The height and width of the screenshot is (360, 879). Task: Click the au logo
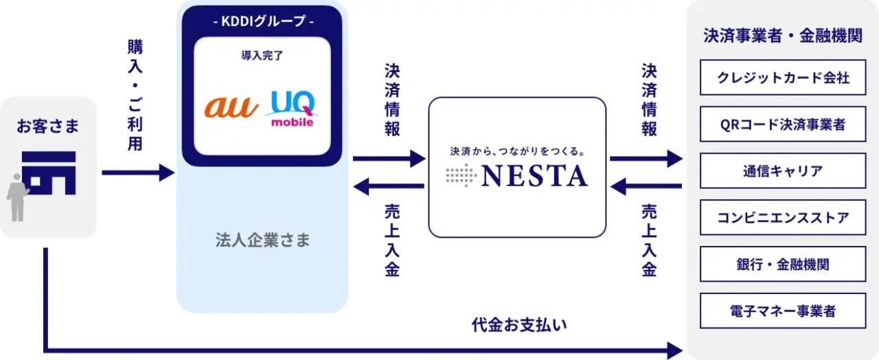[231, 107]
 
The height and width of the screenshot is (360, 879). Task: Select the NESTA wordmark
[534, 176]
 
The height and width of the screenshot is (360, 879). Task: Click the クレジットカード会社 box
[782, 78]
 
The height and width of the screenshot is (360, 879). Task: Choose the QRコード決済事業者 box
[782, 124]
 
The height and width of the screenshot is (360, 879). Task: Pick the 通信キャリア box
[782, 171]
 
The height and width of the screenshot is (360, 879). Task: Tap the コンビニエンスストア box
[782, 218]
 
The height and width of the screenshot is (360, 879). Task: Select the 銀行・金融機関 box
[782, 265]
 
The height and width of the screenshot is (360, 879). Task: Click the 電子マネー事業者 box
[782, 311]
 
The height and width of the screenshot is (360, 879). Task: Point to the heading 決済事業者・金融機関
[782, 36]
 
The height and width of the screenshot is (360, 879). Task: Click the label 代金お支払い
[519, 324]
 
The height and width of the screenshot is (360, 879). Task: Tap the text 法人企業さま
[262, 240]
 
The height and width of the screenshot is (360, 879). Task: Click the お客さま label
[48, 126]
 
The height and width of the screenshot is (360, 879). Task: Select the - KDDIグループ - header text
[262, 21]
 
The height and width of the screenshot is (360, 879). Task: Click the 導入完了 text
[262, 56]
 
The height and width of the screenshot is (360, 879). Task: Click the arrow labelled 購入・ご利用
[137, 172]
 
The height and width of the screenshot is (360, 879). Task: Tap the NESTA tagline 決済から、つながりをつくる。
[517, 150]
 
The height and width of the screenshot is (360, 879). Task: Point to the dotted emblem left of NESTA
[461, 176]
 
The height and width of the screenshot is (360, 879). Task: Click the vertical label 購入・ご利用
[135, 95]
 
